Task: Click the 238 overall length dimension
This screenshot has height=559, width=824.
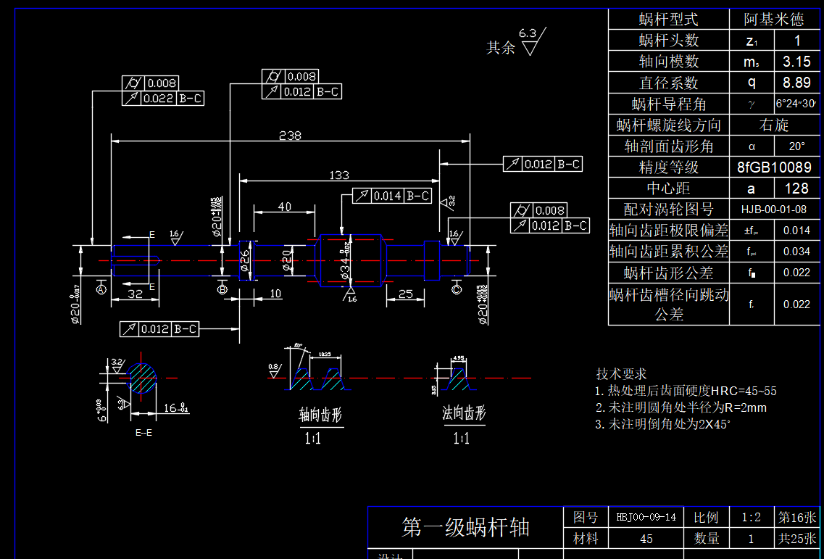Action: click(x=290, y=136)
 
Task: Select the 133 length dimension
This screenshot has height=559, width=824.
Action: click(x=338, y=175)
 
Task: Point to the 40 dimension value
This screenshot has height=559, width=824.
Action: click(x=285, y=207)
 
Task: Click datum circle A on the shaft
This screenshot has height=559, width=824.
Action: click(x=101, y=289)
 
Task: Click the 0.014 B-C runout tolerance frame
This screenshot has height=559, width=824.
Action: click(x=392, y=196)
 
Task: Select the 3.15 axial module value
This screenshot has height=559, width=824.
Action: click(x=797, y=62)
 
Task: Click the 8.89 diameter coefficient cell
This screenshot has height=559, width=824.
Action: click(x=797, y=83)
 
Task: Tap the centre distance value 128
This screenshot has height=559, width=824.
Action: click(x=796, y=189)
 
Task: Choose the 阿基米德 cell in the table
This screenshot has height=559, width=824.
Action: click(x=773, y=20)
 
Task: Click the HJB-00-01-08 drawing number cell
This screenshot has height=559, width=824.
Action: click(x=773, y=210)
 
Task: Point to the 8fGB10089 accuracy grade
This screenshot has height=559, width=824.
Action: click(x=773, y=167)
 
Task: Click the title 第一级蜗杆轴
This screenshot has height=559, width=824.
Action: click(x=465, y=527)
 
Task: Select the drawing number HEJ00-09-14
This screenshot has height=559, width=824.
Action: click(x=646, y=517)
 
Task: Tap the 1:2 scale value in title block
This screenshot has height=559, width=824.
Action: click(x=751, y=517)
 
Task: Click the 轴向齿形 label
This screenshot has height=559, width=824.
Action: click(x=320, y=415)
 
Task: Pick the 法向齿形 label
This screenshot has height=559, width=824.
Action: click(x=464, y=414)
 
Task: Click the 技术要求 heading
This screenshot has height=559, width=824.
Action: click(x=621, y=374)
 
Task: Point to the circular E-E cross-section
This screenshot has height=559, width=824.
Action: click(x=142, y=378)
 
